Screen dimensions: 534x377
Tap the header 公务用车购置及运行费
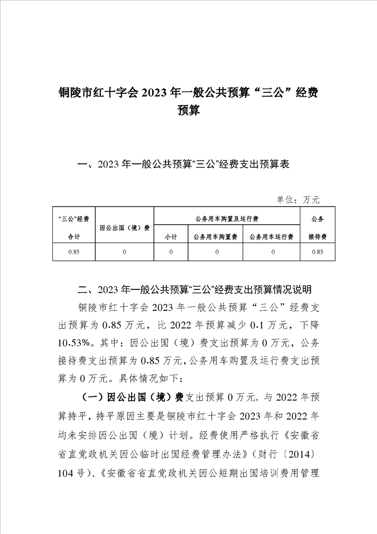point(227,219)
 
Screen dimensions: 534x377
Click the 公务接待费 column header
point(317,227)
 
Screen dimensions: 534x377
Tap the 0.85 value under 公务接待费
point(317,252)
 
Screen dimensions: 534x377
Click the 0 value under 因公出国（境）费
point(125,252)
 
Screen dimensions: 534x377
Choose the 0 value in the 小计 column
point(171,252)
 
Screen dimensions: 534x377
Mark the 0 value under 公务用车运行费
point(271,252)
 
